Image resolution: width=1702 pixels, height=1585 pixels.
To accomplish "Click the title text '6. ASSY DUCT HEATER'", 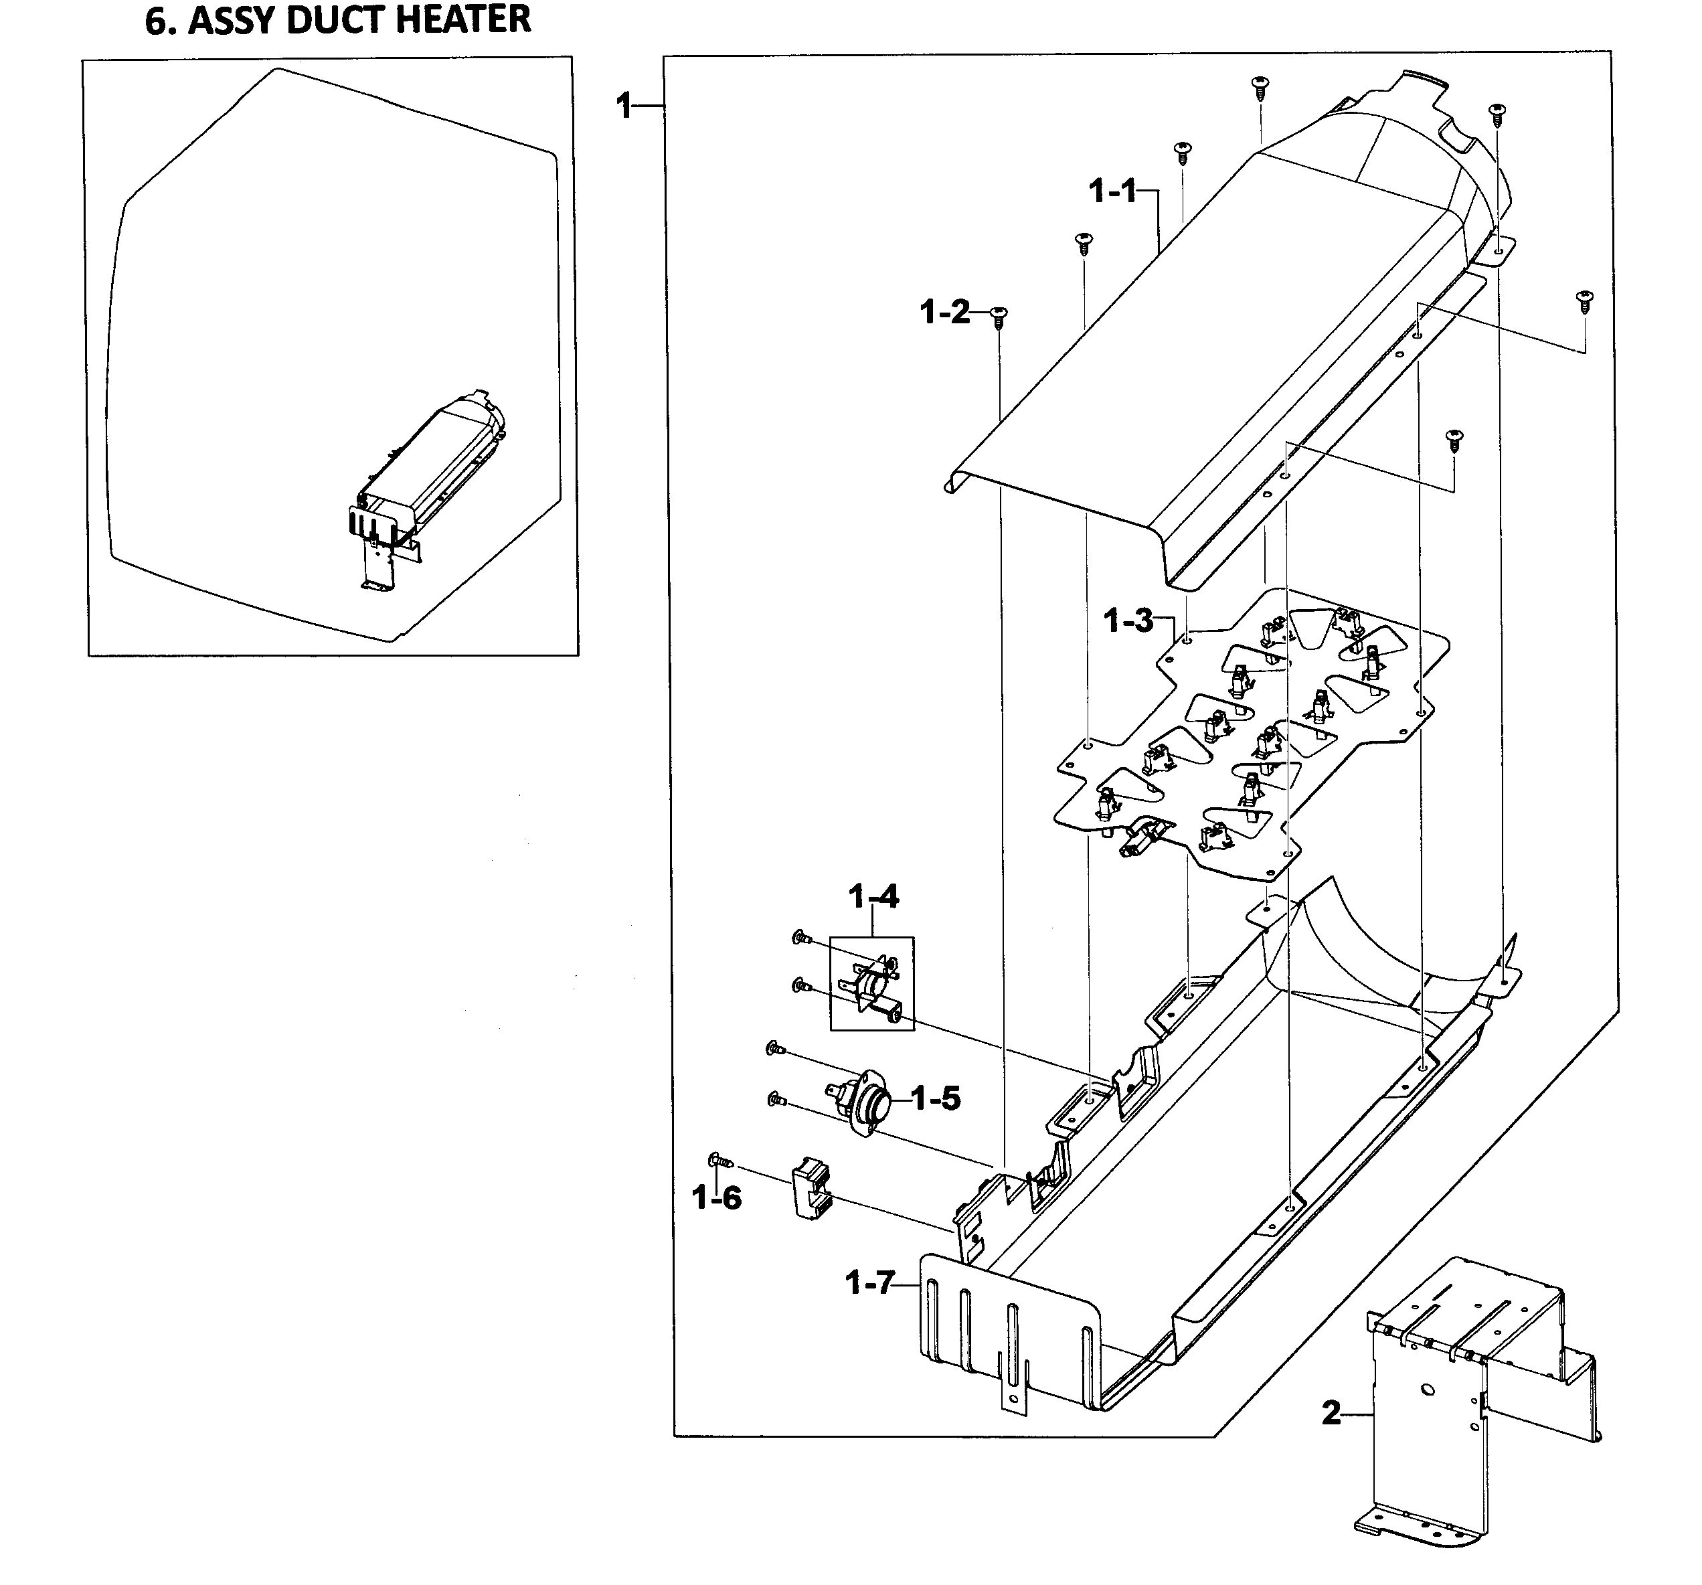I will (x=338, y=21).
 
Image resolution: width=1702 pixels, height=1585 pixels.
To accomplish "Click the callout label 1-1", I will (x=1112, y=191).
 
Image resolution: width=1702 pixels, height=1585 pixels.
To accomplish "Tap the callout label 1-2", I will (x=945, y=313).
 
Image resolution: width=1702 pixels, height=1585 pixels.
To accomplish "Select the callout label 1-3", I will (x=1128, y=620).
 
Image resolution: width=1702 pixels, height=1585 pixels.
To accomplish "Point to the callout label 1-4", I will (x=873, y=896).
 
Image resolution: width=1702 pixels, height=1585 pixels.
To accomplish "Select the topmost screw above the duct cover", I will (x=1260, y=86).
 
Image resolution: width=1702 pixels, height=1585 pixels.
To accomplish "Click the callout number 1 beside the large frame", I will (x=624, y=106).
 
